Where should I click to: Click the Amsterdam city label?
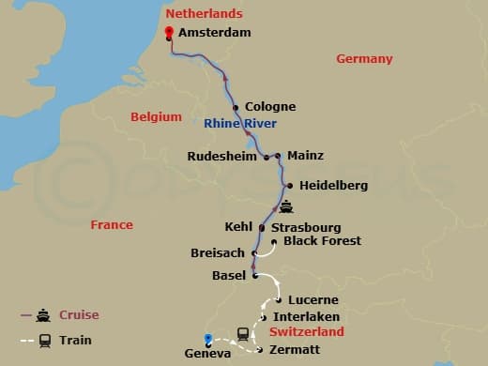click(x=216, y=33)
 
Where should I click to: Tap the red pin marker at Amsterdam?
click(x=169, y=33)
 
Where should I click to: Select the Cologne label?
click(x=270, y=107)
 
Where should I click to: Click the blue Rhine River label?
click(x=237, y=123)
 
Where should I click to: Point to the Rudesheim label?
click(x=221, y=157)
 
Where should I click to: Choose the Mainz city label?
click(x=306, y=156)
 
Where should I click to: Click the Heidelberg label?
click(x=334, y=186)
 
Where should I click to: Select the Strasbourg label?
click(x=305, y=228)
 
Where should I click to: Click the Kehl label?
click(x=239, y=227)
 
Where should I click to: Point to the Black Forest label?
click(x=322, y=241)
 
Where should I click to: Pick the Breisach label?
click(x=217, y=253)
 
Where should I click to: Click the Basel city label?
click(x=230, y=276)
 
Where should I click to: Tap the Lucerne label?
click(x=313, y=300)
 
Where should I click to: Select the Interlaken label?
click(x=307, y=317)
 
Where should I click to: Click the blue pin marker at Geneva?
click(x=208, y=339)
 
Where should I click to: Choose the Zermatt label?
click(x=295, y=350)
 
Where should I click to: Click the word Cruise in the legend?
click(x=79, y=315)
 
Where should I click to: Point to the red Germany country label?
click(x=364, y=59)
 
